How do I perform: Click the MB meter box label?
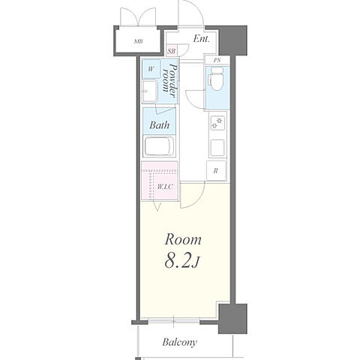138,41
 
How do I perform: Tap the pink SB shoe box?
172,51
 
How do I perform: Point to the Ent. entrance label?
201,39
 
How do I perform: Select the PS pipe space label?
217,60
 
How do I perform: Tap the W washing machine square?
151,69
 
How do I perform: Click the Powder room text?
169,80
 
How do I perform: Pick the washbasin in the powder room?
149,91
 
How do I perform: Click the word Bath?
160,124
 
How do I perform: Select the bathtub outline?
159,146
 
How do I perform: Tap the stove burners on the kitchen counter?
217,123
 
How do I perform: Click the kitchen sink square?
217,148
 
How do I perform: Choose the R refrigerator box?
216,171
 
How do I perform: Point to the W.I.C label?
165,187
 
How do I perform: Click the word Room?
183,239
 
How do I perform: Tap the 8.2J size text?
182,261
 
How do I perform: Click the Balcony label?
179,342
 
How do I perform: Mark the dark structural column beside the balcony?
232,319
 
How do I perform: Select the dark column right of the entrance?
233,40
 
